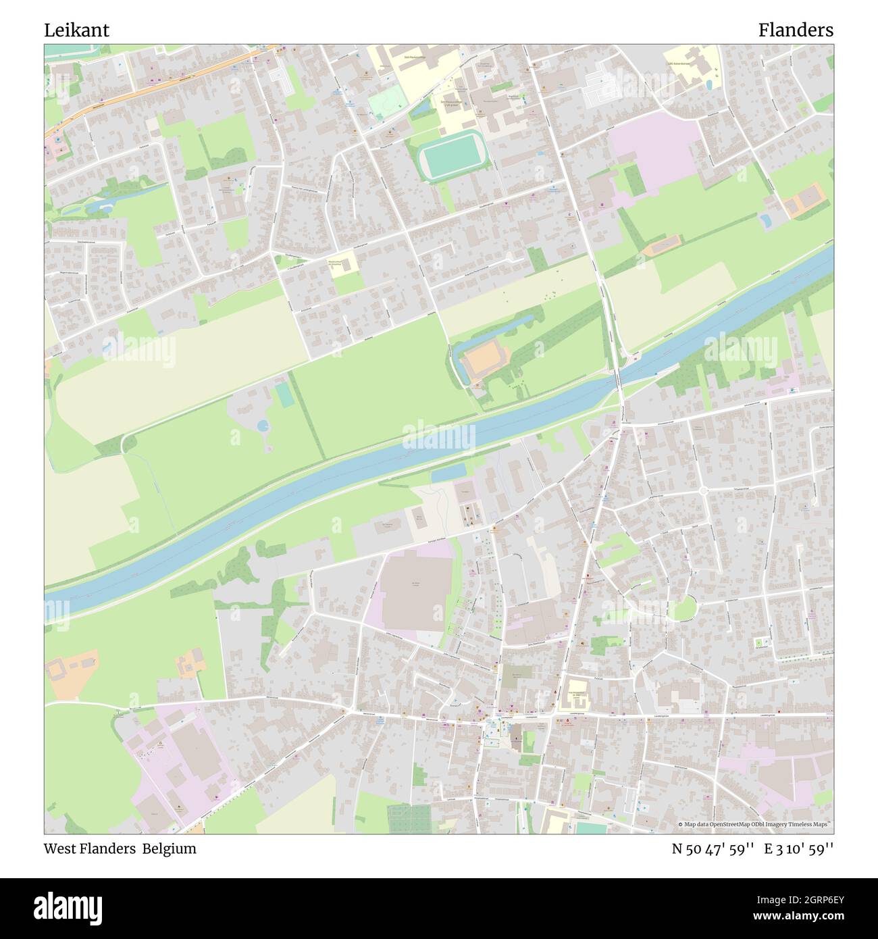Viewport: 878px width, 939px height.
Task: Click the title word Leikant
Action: [x=76, y=30]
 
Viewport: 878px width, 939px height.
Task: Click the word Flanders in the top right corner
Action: [x=795, y=30]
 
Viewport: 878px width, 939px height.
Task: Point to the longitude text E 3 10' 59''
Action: [x=798, y=848]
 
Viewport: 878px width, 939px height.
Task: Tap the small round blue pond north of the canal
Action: [x=263, y=426]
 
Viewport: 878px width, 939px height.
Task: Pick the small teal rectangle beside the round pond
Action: [x=285, y=395]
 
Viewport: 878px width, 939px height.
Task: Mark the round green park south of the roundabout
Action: [x=683, y=608]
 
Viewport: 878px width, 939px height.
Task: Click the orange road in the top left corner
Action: [x=162, y=80]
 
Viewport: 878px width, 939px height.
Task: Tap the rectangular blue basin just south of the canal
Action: [x=448, y=474]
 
